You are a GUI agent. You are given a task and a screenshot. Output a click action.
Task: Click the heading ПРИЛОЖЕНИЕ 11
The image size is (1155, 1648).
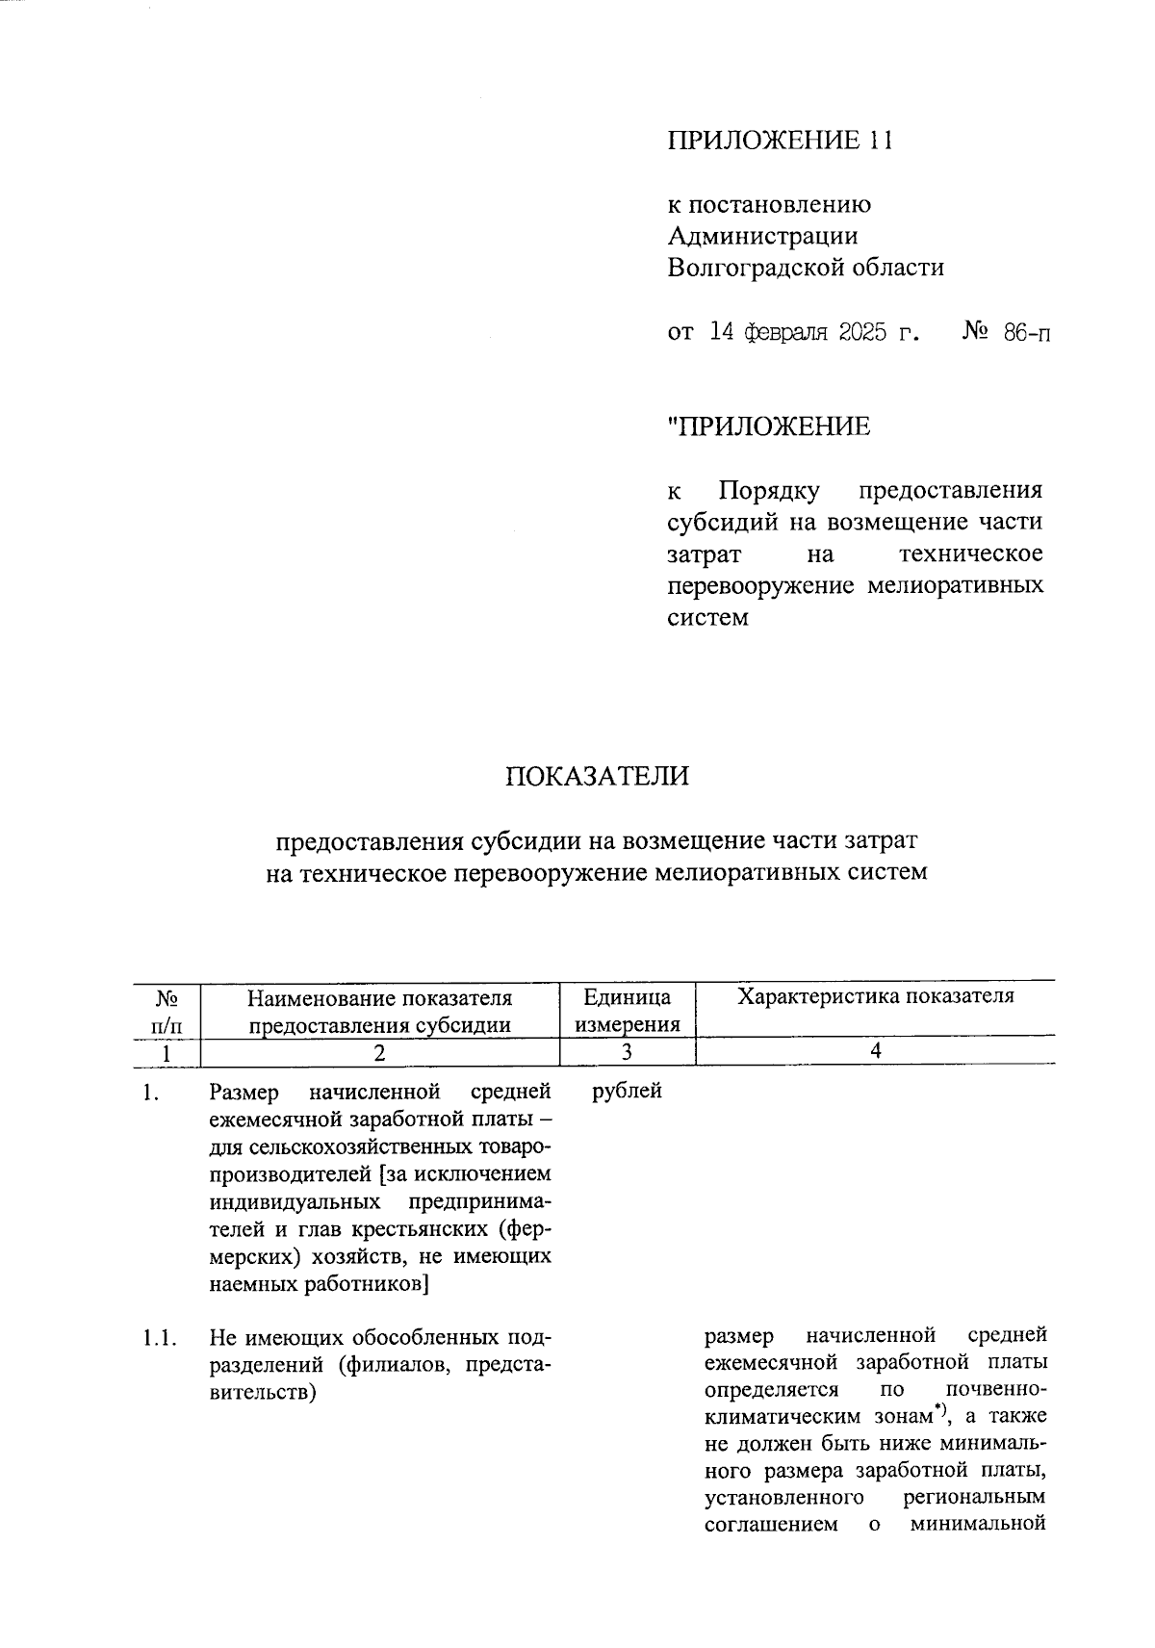click(781, 141)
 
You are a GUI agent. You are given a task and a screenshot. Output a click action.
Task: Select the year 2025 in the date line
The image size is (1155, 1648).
click(848, 333)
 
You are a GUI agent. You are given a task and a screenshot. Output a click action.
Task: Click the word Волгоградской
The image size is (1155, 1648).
click(756, 268)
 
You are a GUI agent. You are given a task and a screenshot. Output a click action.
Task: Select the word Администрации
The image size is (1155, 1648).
click(762, 236)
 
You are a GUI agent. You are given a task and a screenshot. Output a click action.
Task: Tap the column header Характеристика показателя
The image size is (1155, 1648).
click(875, 996)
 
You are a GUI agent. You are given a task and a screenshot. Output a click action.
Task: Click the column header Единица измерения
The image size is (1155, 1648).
click(628, 1010)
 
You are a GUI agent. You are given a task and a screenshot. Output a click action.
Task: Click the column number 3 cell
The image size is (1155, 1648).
click(627, 1052)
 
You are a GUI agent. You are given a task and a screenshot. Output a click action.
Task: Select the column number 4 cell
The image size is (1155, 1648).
click(875, 1051)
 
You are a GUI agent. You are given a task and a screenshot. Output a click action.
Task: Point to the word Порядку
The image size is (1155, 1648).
click(769, 491)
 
